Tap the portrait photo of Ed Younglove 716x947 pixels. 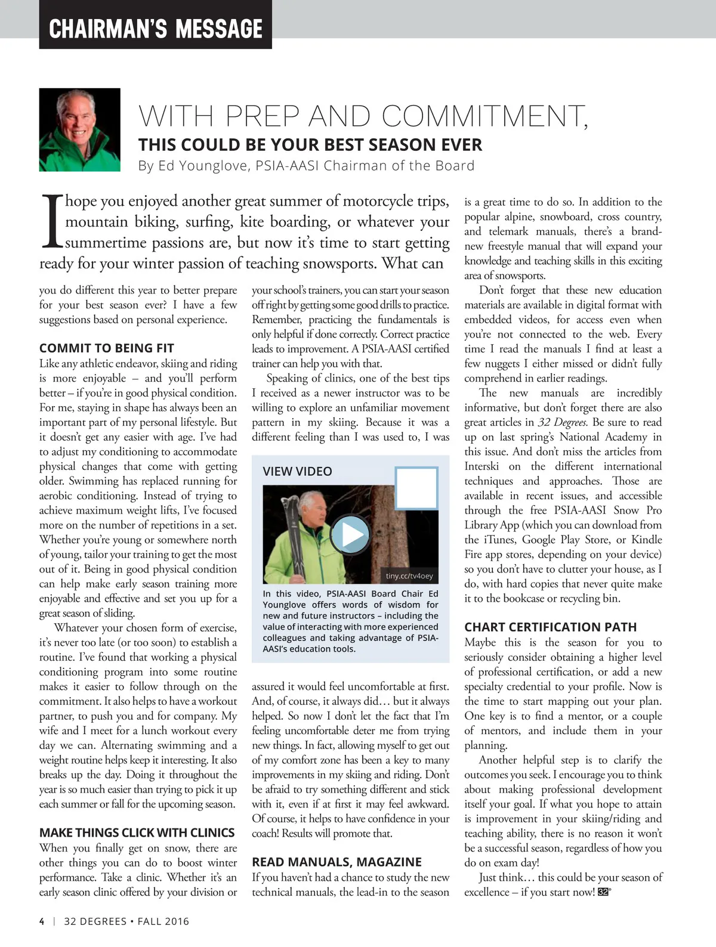80,130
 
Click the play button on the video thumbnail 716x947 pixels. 350,534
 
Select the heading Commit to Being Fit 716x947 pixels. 107,348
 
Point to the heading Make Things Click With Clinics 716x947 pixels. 137,833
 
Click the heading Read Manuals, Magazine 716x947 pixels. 337,862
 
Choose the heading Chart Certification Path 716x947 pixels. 550,627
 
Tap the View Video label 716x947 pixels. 297,471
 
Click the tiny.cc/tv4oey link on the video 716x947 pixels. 409,576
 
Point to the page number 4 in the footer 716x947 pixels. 42,921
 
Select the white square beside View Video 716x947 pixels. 416,488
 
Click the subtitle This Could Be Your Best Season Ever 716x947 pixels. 310,145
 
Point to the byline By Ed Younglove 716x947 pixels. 306,166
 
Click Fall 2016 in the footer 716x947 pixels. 163,921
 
